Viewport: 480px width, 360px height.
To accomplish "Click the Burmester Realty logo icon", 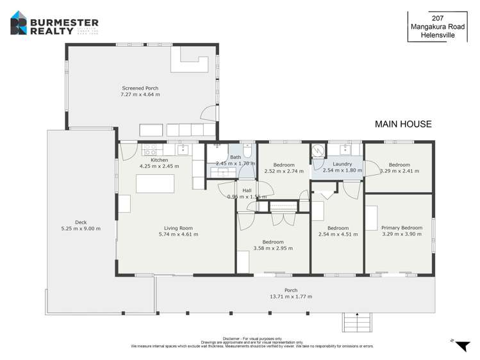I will [x=19, y=26].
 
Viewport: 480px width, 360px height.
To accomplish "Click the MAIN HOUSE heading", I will [x=403, y=124].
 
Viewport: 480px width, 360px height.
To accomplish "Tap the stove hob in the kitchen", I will [x=151, y=151].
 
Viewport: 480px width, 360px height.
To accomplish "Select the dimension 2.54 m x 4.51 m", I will [x=338, y=234].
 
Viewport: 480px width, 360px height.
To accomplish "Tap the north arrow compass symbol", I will [x=461, y=345].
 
